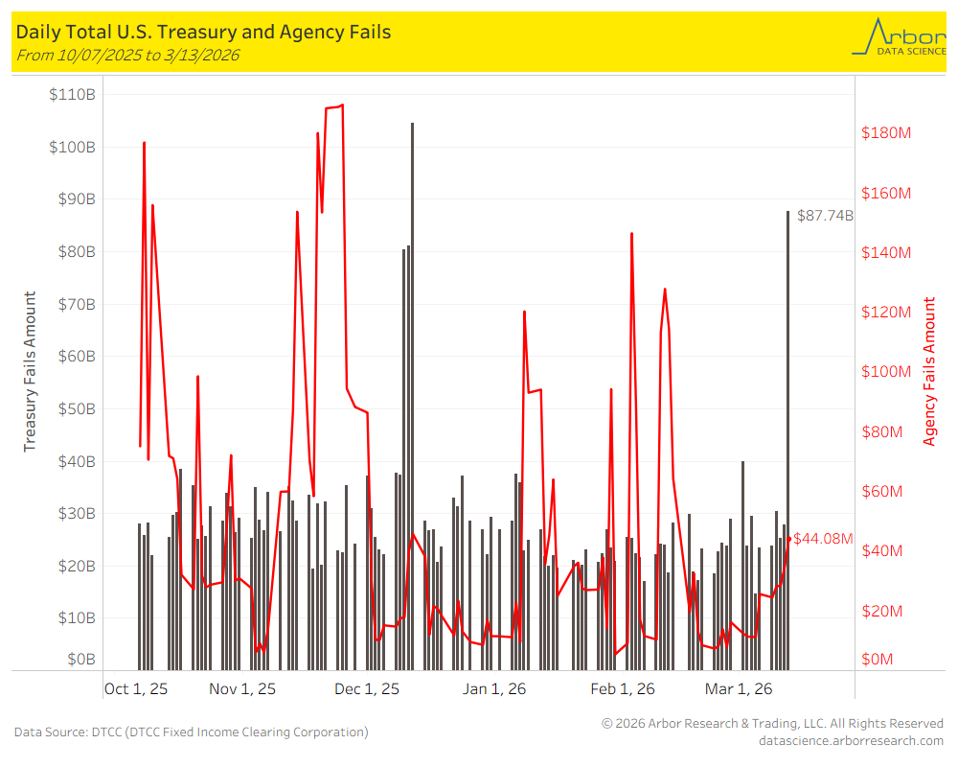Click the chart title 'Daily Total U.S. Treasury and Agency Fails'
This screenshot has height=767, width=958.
203,33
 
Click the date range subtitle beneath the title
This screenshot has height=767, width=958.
127,56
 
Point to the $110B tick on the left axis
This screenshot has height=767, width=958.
72,95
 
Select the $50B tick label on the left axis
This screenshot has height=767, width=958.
75,408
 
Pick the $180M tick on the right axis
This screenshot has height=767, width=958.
886,132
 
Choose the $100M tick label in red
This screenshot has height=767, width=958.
886,372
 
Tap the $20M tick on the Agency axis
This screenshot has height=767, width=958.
882,611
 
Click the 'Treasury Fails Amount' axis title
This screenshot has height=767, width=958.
30,372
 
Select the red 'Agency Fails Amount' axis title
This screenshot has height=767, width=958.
928,372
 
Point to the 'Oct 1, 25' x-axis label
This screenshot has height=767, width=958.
136,688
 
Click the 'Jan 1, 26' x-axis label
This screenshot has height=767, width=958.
494,688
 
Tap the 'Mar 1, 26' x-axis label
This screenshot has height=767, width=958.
739,688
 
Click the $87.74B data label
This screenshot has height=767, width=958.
825,216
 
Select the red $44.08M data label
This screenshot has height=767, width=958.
823,539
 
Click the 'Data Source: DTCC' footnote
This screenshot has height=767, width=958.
191,732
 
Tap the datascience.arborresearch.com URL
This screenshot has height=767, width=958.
851,740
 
